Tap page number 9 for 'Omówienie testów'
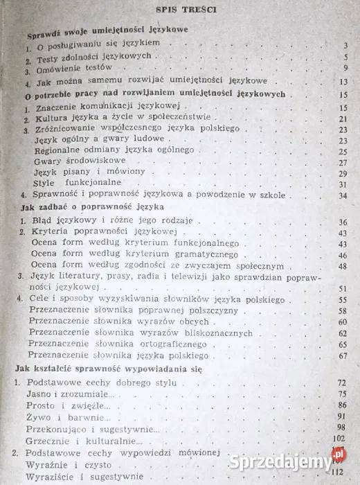343,70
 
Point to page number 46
342,266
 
